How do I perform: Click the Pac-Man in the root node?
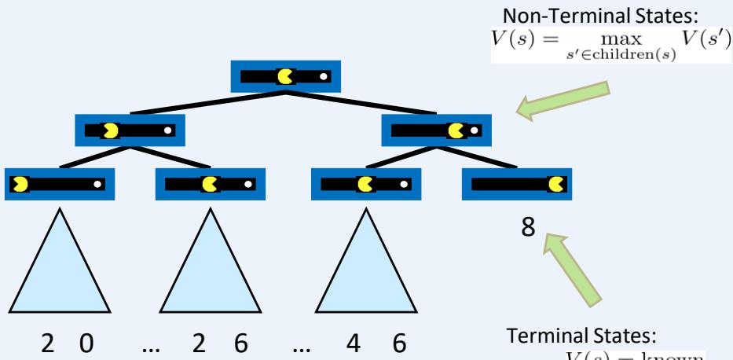(284, 76)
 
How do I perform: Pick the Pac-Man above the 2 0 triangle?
(19, 184)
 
